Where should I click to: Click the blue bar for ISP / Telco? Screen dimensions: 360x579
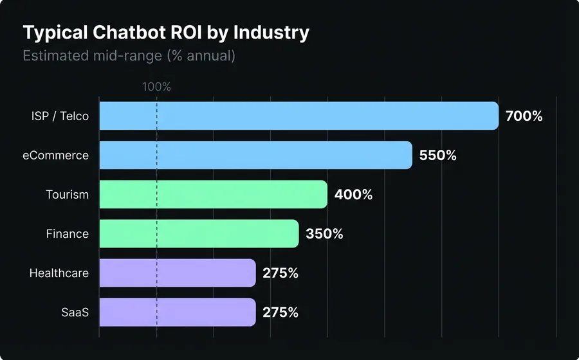pyautogui.click(x=299, y=116)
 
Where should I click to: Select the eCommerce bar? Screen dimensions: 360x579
pyautogui.click(x=255, y=155)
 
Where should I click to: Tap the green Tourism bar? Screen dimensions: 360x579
pyautogui.click(x=213, y=194)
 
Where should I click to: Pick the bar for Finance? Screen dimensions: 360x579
pyautogui.click(x=199, y=233)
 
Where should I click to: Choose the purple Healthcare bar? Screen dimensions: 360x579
pyautogui.click(x=178, y=273)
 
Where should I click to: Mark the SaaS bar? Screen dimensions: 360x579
pyautogui.click(x=178, y=312)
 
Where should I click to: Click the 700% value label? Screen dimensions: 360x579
pyautogui.click(x=524, y=116)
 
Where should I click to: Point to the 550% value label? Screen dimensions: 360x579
pyautogui.click(x=437, y=156)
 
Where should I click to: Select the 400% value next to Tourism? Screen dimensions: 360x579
pyautogui.click(x=353, y=195)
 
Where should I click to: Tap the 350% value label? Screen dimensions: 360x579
pyautogui.click(x=324, y=234)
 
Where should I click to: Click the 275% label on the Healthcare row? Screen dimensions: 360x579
pyautogui.click(x=280, y=273)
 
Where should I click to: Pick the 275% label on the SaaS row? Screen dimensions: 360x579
pyautogui.click(x=280, y=312)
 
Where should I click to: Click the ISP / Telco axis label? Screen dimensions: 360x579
pyautogui.click(x=60, y=116)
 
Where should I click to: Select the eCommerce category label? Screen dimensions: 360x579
pyautogui.click(x=56, y=156)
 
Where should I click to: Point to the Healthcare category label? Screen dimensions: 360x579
pyautogui.click(x=59, y=273)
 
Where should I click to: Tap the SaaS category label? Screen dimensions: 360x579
pyautogui.click(x=76, y=312)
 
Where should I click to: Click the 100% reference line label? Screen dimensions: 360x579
pyautogui.click(x=156, y=87)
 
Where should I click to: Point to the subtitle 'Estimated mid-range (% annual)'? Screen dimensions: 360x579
pyautogui.click(x=129, y=56)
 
